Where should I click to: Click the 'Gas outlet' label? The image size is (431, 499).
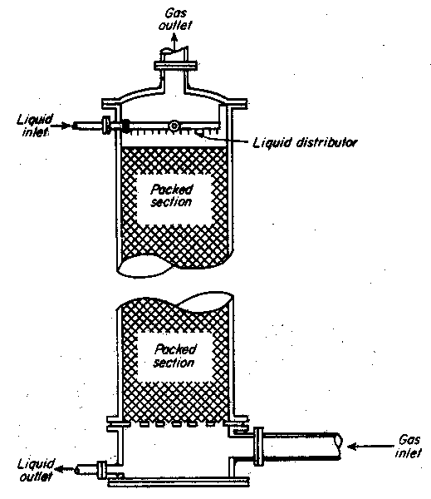pyautogui.click(x=175, y=19)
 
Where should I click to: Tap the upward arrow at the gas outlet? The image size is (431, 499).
pyautogui.click(x=174, y=42)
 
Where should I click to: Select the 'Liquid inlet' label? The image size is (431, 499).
pyautogui.click(x=35, y=125)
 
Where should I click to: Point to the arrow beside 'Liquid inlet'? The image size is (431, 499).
pyautogui.click(x=61, y=126)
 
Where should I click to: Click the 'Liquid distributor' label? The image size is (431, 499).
pyautogui.click(x=305, y=142)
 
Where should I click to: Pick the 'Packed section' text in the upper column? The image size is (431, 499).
pyautogui.click(x=172, y=195)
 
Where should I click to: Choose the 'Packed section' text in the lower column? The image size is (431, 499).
pyautogui.click(x=174, y=356)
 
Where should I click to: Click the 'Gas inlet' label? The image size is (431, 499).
pyautogui.click(x=409, y=446)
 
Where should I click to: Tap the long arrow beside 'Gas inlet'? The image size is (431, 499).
pyautogui.click(x=370, y=447)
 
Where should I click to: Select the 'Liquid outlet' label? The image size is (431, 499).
pyautogui.click(x=36, y=470)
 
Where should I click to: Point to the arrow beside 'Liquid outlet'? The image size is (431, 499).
pyautogui.click(x=65, y=468)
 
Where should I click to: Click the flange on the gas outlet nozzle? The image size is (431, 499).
pyautogui.click(x=176, y=66)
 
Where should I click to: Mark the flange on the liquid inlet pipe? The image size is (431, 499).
pyautogui.click(x=106, y=125)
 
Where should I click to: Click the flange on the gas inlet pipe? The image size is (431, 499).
pyautogui.click(x=258, y=446)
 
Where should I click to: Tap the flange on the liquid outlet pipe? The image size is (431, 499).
pyautogui.click(x=101, y=469)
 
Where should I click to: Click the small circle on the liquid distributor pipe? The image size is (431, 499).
pyautogui.click(x=174, y=126)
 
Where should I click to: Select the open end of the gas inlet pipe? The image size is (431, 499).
pyautogui.click(x=339, y=441)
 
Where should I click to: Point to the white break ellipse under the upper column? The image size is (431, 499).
pyautogui.click(x=144, y=266)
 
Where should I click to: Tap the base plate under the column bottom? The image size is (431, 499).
pyautogui.click(x=179, y=482)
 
